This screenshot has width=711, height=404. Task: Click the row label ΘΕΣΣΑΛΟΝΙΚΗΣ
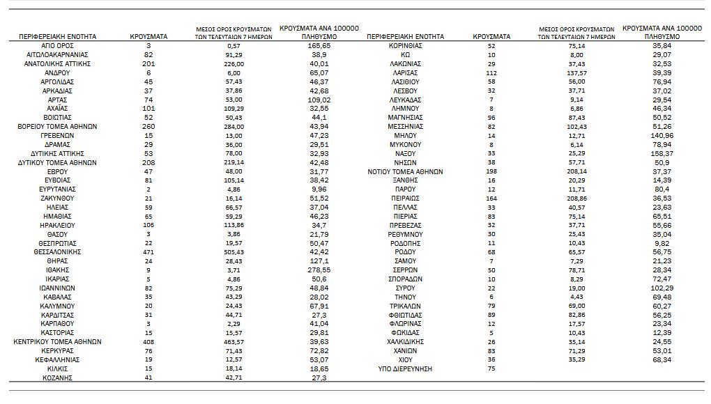coord(58,251)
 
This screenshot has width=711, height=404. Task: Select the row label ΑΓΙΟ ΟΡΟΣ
coord(58,45)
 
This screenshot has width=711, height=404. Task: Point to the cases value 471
coord(148,251)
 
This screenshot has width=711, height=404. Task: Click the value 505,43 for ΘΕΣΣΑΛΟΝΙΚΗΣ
coord(234,251)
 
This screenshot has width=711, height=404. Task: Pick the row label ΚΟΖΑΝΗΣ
coord(58,378)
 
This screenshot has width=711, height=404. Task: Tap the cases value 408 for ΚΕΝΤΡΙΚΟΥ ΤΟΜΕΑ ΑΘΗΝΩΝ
coord(148,342)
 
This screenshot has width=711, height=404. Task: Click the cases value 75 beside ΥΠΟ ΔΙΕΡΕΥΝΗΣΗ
coord(491,368)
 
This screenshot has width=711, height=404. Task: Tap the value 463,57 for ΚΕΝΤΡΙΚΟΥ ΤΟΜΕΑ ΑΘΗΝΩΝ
coord(234,342)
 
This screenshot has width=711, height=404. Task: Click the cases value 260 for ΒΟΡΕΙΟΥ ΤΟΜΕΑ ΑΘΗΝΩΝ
coord(148,126)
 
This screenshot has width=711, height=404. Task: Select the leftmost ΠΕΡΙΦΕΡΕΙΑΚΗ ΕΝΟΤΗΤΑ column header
coord(58,36)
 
